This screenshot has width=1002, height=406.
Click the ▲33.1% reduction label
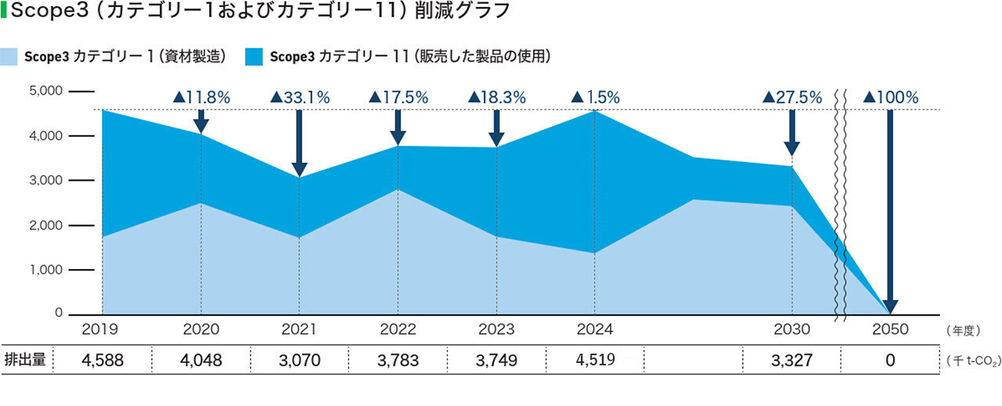click(300, 98)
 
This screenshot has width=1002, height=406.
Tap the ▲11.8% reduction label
click(201, 98)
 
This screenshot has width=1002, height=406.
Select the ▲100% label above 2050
click(890, 98)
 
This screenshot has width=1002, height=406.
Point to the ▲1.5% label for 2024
click(595, 98)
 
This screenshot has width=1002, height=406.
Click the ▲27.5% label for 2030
click(792, 98)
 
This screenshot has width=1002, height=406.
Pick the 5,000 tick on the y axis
click(45, 91)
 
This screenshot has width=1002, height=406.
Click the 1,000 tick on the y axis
click(45, 270)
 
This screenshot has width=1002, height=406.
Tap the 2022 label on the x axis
click(397, 329)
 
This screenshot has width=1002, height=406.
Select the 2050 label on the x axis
click(889, 329)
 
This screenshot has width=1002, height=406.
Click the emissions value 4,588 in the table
click(103, 361)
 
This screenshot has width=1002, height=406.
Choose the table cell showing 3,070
click(299, 361)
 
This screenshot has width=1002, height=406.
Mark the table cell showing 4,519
click(594, 361)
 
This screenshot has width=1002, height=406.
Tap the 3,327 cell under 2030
click(791, 361)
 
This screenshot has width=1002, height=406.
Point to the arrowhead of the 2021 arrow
click(299, 170)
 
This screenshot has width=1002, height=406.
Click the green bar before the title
click(4, 12)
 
